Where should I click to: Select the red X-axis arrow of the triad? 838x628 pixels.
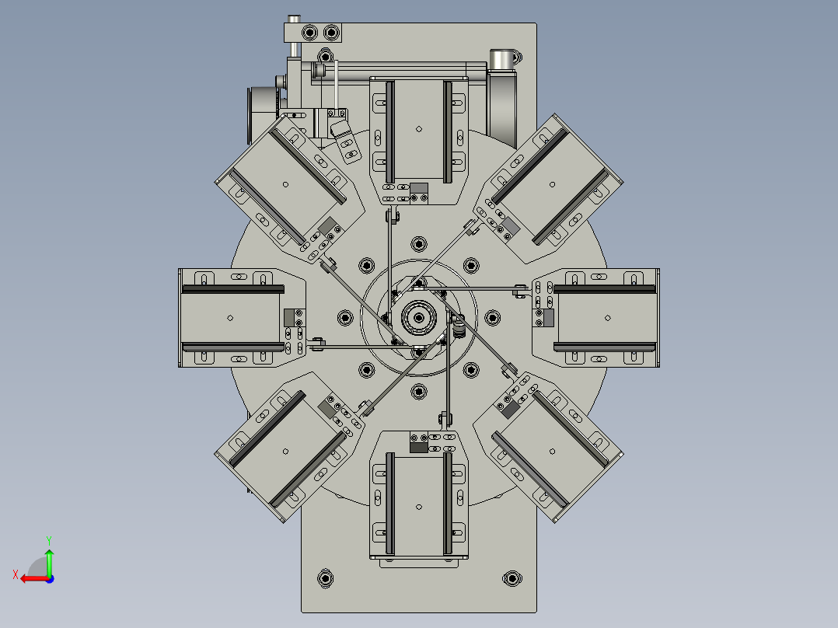pos(29,577)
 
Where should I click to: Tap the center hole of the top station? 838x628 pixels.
pos(419,129)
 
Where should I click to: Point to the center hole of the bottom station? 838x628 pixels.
pos(419,507)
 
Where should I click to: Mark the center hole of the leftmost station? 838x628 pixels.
pos(230,317)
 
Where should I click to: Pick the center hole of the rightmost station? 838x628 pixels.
pos(608,317)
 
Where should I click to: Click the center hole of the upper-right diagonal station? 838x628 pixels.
pos(553,184)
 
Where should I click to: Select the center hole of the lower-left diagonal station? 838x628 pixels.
pos(285,451)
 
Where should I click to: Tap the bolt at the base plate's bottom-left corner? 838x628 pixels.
pos(326,578)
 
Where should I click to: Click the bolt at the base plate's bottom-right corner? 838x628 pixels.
pos(512,578)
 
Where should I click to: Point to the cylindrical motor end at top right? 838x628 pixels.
pos(503,59)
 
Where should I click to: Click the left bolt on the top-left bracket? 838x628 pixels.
pos(310,33)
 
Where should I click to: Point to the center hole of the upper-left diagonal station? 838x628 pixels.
pos(285,184)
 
